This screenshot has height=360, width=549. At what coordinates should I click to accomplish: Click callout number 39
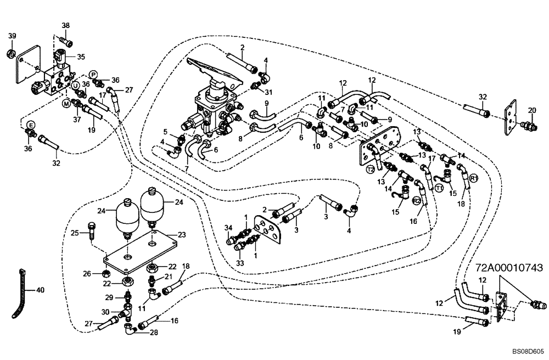point(12,36)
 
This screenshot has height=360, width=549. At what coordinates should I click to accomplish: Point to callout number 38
point(66,26)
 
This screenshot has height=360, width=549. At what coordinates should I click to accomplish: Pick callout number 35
point(81,57)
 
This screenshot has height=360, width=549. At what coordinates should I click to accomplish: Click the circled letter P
point(93,74)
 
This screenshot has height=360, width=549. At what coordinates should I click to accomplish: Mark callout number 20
point(531,110)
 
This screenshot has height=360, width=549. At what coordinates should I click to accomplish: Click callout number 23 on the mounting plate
point(182,234)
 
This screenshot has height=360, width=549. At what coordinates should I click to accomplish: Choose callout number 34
point(228,227)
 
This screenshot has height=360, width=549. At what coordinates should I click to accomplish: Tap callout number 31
point(268,92)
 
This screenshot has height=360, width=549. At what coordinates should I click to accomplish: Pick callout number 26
point(86,273)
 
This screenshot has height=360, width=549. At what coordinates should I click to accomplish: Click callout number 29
point(109,297)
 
